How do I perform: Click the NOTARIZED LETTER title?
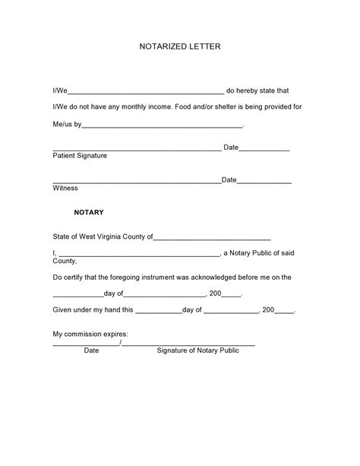click(179, 47)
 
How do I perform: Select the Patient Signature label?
click(80, 156)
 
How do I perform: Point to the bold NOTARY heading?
click(89, 213)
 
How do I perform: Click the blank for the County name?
click(212, 238)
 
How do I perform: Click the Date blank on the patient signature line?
click(264, 150)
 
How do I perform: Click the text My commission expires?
click(90, 334)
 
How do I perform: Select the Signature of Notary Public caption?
click(197, 351)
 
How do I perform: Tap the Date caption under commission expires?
click(91, 351)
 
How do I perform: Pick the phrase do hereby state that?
click(258, 90)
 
